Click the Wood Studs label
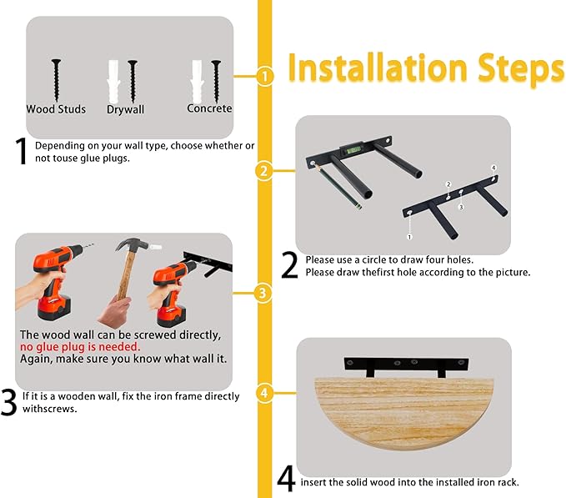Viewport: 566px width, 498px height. [56, 109]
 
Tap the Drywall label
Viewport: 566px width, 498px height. [125, 109]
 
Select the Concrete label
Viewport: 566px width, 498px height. [209, 108]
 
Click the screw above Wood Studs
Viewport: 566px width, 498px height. [56, 80]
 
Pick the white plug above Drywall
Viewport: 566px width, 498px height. [113, 82]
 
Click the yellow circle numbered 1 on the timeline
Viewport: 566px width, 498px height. [265, 76]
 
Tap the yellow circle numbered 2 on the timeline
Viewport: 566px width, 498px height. [264, 170]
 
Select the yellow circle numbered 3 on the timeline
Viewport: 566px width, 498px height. [263, 293]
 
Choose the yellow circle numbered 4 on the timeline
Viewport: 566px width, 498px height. [264, 393]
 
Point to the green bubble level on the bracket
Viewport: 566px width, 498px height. [350, 149]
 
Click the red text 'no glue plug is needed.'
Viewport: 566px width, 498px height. [80, 347]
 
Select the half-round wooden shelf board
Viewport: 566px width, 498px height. [404, 413]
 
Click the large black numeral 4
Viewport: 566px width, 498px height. [286, 479]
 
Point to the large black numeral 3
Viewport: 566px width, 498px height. [8, 402]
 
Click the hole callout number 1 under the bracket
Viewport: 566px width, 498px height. [409, 237]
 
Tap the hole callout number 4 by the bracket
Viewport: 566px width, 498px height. [493, 168]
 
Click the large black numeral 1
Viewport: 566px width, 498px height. [21, 151]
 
